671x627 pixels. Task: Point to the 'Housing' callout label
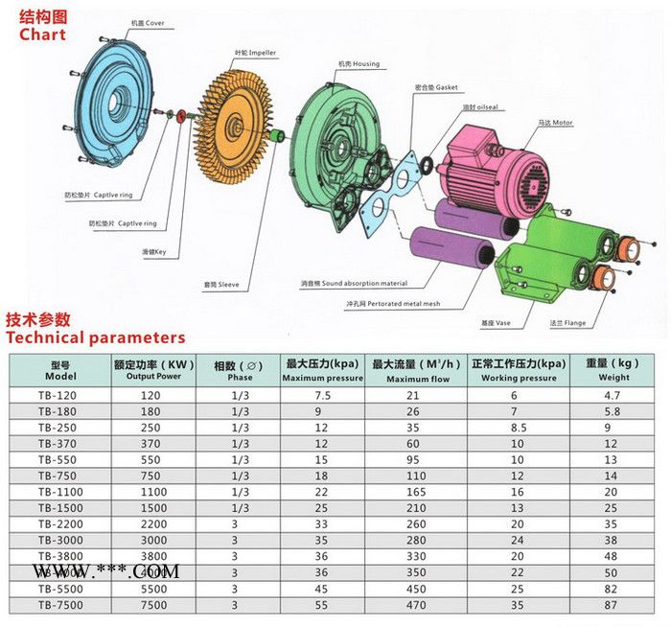coord(358,64)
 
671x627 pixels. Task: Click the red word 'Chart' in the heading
coord(42,35)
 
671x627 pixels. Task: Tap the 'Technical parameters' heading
coord(95,337)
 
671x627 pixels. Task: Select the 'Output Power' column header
coord(153,371)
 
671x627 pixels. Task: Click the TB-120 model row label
coord(56,395)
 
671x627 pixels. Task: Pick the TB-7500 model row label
coord(56,605)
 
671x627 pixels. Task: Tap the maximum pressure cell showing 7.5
coord(322,395)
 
